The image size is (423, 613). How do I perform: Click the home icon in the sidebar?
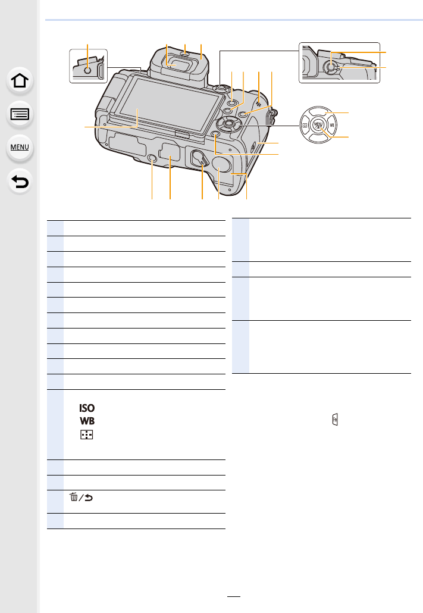(20, 81)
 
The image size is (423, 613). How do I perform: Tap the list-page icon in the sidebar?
(20, 114)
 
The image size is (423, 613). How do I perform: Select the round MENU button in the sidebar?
(20, 148)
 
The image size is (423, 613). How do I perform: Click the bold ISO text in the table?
(87, 408)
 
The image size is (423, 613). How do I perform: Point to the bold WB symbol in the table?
(87, 421)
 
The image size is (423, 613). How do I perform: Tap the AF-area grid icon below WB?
(87, 434)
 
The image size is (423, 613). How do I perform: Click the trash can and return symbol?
(82, 498)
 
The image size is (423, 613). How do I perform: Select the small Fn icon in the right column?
(335, 420)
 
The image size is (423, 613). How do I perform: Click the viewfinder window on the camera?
(176, 60)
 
